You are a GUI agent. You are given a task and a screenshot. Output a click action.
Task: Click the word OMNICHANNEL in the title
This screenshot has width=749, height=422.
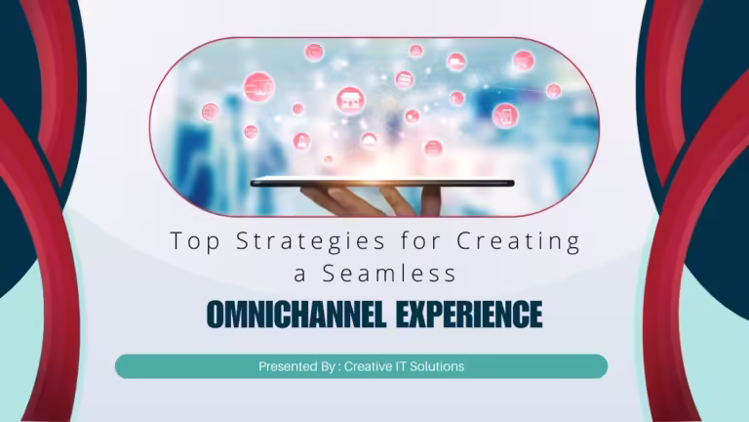click(x=296, y=315)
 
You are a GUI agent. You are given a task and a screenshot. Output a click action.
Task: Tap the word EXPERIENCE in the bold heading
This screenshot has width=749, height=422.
click(x=469, y=315)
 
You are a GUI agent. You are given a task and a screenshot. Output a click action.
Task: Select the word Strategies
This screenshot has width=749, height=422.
click(x=310, y=241)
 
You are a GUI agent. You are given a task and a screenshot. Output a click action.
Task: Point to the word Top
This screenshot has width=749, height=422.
click(x=195, y=241)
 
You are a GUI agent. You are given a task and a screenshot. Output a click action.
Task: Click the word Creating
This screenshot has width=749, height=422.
click(x=518, y=241)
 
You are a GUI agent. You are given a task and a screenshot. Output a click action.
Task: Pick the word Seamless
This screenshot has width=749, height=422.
click(x=389, y=274)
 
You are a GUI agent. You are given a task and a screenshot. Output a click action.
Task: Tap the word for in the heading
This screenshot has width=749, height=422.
click(x=421, y=240)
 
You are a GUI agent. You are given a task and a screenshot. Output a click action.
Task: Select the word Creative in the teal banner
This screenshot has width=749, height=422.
click(x=369, y=366)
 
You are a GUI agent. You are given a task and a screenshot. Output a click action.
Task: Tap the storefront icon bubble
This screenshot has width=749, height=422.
click(x=350, y=101)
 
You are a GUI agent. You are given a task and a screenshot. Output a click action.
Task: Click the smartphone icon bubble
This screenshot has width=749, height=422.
click(x=505, y=115)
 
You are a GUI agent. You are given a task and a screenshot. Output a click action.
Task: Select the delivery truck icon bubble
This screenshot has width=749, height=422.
click(x=456, y=62)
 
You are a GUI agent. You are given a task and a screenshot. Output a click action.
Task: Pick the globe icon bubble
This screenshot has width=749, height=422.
click(x=211, y=112)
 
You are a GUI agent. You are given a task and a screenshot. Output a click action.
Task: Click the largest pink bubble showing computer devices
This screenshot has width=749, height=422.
click(x=258, y=87)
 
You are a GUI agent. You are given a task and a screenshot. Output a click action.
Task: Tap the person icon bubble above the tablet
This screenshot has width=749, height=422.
click(x=301, y=141)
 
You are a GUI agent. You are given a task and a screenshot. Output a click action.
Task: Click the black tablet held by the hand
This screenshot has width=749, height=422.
click(x=382, y=183)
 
